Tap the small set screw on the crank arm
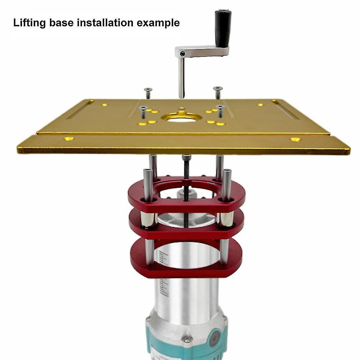coord(183,54)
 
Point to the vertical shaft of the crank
coord(181,77)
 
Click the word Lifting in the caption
coord(30,23)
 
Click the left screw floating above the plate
coord(148,93)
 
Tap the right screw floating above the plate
coord(218,92)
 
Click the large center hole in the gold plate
coord(181,118)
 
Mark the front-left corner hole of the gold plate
coord(69,139)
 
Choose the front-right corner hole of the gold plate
coord(295,139)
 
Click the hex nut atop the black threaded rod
coord(186,157)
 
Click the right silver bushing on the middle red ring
coord(226,219)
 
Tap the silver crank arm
coord(203,51)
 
